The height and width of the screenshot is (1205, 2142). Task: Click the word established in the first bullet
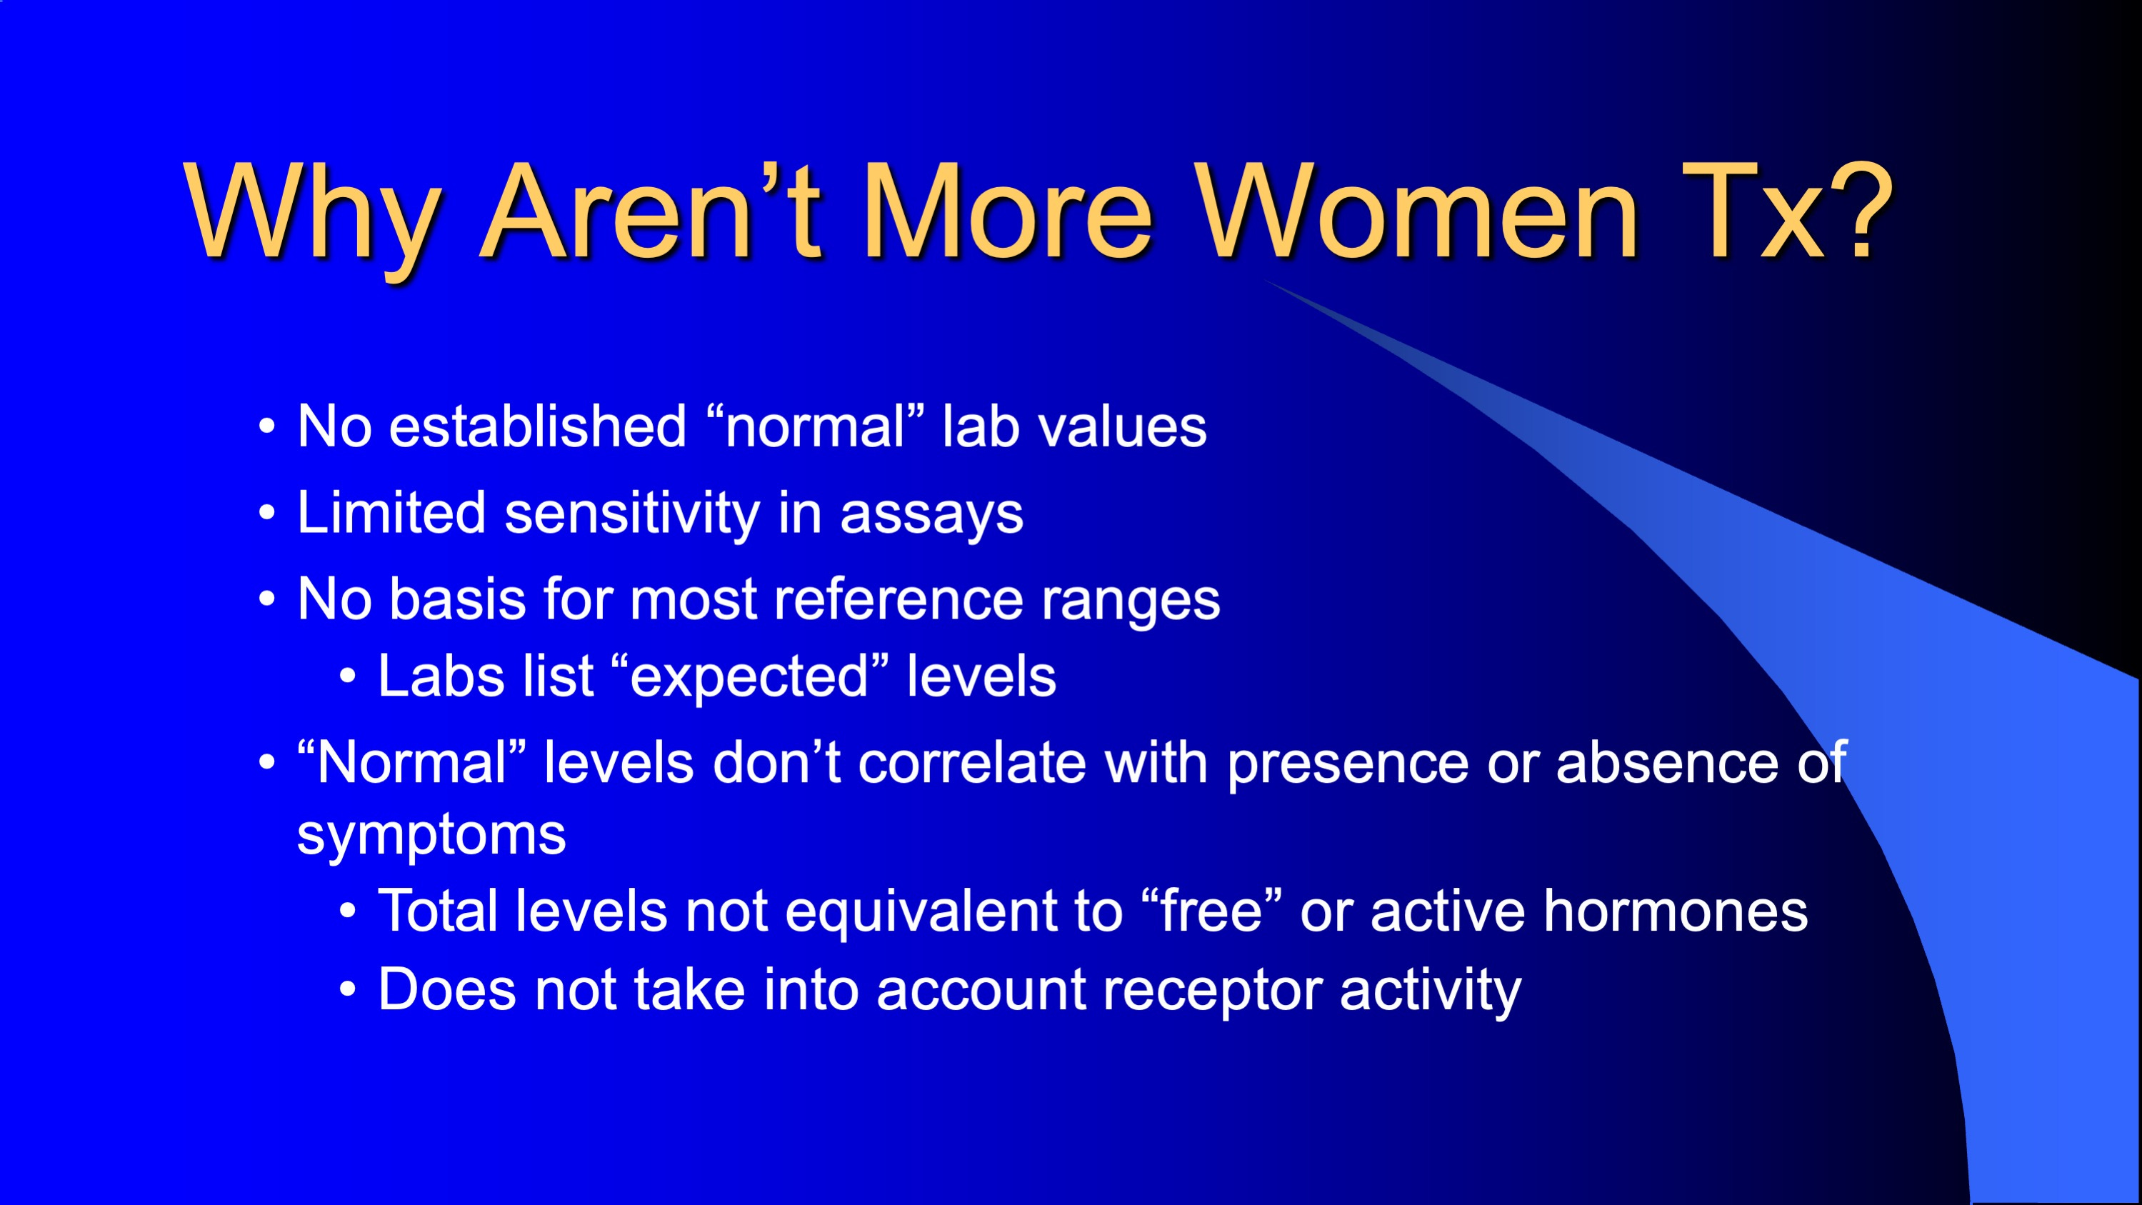coord(537,426)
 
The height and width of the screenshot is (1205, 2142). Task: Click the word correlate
coord(972,763)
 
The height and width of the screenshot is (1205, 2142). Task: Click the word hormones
coord(1676,911)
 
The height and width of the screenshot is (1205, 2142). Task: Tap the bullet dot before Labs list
coord(348,677)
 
